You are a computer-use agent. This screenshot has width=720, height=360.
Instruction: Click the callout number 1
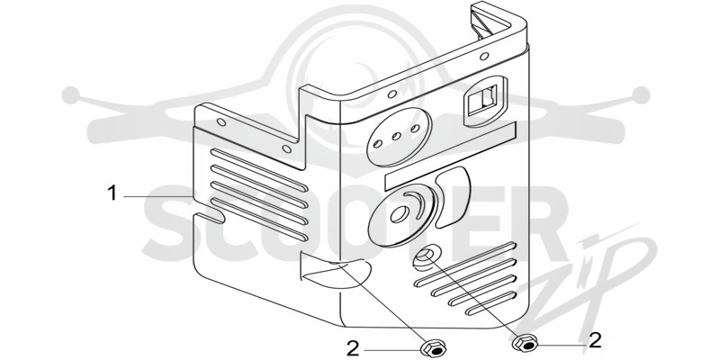112,193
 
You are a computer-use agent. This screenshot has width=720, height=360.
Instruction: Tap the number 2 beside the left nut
353,349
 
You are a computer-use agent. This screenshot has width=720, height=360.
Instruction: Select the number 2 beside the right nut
595,340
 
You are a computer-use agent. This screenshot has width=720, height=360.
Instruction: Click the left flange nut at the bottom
432,349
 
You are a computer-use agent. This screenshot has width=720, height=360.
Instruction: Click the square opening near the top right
485,101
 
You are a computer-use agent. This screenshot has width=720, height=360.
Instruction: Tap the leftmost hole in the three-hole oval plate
376,144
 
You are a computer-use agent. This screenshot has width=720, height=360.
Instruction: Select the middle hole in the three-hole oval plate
396,136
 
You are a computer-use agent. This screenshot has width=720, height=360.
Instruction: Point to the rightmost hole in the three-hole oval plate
415,128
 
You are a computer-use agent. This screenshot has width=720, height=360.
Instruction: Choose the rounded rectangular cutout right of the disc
453,196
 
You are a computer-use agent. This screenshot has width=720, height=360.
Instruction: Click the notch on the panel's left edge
209,218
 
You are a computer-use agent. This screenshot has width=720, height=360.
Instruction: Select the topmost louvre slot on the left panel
258,169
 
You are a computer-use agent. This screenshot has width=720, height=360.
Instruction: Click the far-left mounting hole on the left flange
221,122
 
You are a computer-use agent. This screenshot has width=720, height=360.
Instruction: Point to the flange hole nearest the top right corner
483,57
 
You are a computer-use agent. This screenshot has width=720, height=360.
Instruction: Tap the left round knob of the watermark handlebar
71,95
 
